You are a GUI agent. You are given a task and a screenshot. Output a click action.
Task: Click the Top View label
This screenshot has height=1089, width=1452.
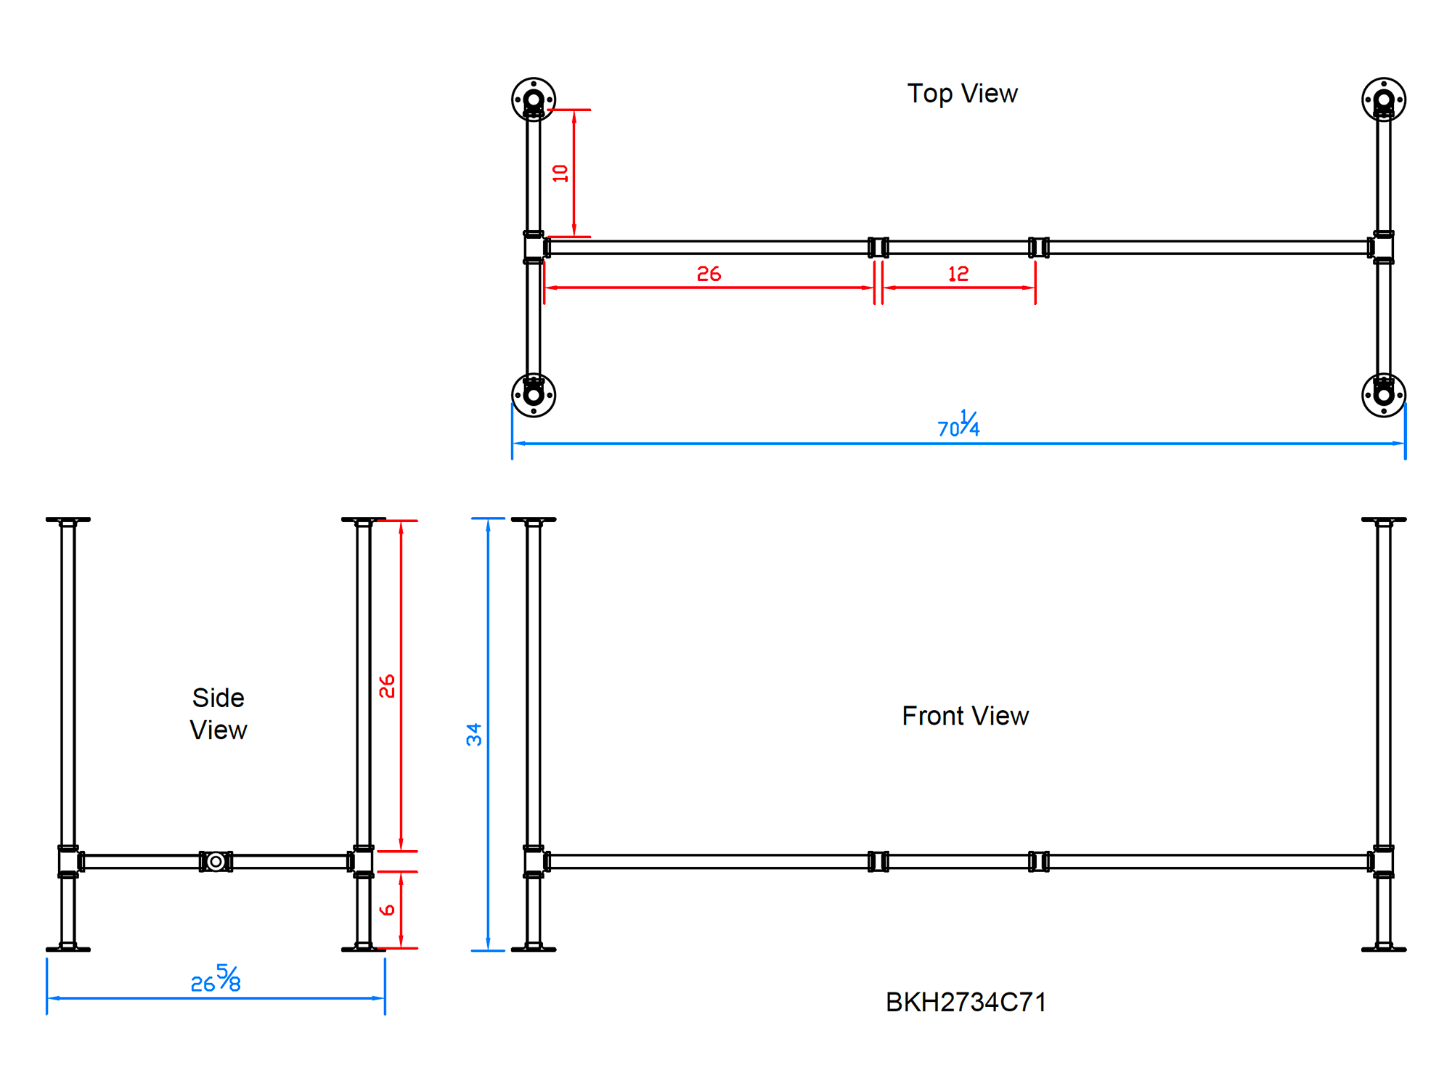(962, 94)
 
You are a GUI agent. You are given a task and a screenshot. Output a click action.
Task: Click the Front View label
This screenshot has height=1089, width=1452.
(965, 716)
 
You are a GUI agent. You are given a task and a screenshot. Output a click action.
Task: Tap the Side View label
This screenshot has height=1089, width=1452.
(219, 714)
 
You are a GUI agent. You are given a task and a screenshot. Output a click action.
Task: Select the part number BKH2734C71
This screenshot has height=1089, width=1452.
(966, 1002)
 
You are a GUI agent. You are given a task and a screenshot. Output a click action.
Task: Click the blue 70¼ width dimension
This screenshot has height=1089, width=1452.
(958, 425)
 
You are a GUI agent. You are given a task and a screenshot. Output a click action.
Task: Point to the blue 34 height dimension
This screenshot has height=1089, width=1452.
(474, 734)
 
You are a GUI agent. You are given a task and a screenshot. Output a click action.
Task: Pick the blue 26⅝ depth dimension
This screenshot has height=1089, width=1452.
(216, 979)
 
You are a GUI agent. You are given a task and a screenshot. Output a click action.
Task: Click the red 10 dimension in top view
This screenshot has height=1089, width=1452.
(560, 173)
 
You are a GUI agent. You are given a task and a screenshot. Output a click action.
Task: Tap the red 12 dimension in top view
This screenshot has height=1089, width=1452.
(958, 274)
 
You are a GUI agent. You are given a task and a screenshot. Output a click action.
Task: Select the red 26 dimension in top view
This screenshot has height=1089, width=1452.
(709, 274)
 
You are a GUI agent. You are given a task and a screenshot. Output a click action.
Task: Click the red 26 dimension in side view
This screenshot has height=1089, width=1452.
(387, 685)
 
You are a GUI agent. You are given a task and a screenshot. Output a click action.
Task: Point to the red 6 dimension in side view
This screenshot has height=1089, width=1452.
(388, 910)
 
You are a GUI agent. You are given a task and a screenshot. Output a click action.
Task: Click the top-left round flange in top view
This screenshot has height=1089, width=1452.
(534, 99)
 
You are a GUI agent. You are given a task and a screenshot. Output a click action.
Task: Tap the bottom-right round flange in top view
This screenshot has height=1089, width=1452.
(1383, 395)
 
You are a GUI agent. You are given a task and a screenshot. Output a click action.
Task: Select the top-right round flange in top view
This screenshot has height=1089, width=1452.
(1383, 99)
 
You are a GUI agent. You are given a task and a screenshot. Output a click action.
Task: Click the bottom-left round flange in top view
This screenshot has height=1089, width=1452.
(534, 395)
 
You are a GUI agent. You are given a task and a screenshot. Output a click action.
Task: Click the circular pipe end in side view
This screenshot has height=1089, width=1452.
(216, 861)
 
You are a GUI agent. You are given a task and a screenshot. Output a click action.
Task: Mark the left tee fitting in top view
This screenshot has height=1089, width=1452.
(535, 248)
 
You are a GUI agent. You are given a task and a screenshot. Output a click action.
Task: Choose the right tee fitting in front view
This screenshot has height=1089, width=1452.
(1382, 862)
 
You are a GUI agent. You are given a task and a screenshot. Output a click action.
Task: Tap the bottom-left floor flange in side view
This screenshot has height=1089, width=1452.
(68, 947)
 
